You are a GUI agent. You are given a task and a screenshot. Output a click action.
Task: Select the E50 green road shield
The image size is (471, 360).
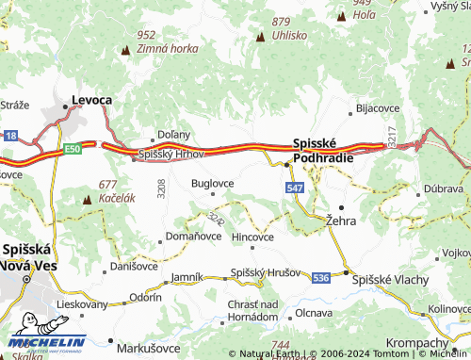pyautogui.click(x=74, y=148)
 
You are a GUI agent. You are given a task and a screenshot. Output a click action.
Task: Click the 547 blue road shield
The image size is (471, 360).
pyautogui.click(x=295, y=189)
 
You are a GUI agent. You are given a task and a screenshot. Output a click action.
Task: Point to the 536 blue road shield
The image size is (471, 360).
pyautogui.click(x=321, y=277)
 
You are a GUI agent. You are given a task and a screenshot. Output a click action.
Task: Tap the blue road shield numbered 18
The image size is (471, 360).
pyautogui.click(x=9, y=137)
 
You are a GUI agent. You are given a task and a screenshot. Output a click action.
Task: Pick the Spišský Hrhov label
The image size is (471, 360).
pyautogui.click(x=172, y=154)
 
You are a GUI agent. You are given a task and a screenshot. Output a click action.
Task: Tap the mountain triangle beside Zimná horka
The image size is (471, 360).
pyautogui.click(x=126, y=48)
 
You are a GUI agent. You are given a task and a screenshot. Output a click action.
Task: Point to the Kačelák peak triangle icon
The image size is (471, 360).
pyautogui.click(x=89, y=199)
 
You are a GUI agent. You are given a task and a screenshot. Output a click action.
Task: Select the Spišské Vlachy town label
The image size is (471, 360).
pyautogui.click(x=390, y=281)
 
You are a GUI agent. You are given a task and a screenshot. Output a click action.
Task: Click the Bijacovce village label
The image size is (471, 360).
pyautogui.click(x=378, y=108)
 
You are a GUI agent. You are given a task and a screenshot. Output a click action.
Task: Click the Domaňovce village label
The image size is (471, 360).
pyautogui.click(x=193, y=236)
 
